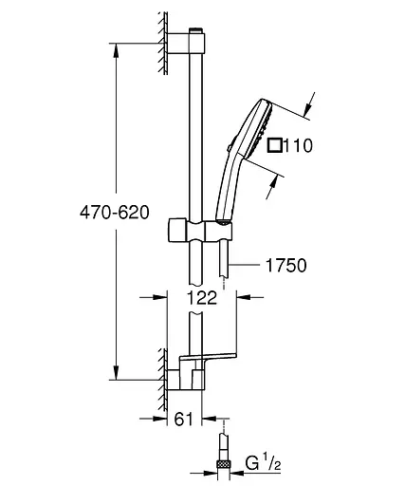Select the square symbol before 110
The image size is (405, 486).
(276, 145)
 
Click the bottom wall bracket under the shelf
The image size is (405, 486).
(186, 379)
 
